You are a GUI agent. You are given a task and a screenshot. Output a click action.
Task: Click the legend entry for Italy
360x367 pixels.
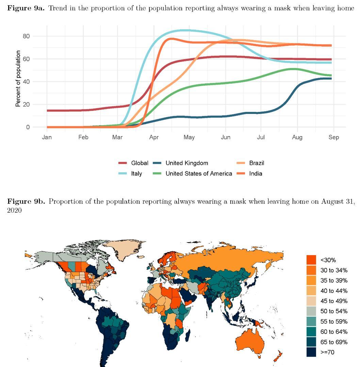(136, 173)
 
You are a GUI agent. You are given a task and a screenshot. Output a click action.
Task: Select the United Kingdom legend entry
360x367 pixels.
(186, 163)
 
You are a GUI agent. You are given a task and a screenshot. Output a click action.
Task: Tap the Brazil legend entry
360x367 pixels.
(256, 163)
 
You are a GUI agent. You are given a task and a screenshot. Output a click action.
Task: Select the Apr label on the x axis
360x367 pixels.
(154, 137)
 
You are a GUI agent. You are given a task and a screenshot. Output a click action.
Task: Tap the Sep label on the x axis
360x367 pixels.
(334, 137)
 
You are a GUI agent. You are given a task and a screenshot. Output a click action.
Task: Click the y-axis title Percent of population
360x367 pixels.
(18, 79)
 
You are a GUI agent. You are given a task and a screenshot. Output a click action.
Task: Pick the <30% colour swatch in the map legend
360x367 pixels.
(311, 260)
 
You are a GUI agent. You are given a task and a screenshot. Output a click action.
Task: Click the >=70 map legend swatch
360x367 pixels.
(311, 352)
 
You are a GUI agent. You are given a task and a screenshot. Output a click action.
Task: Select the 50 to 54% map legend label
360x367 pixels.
(334, 311)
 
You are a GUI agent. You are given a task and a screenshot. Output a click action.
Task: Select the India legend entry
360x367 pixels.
(256, 173)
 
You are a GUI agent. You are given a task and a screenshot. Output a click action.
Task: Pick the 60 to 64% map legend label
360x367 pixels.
(334, 332)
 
